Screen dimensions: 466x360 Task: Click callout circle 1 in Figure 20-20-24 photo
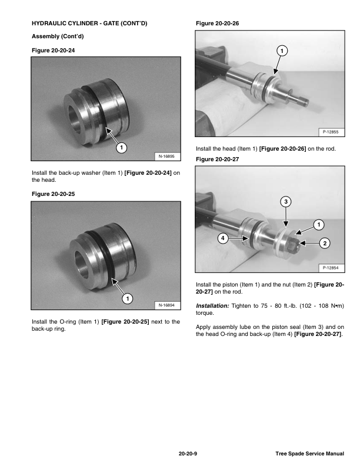point(121,147)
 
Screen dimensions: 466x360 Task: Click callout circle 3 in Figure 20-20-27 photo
point(285,202)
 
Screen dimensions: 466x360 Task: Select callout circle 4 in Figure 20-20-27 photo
point(222,238)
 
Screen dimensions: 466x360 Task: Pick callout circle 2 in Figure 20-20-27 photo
point(324,242)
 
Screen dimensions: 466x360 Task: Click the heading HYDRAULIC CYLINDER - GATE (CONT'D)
point(89,24)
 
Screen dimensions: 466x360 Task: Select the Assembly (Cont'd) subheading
point(54,36)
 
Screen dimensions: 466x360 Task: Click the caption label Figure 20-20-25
point(54,194)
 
